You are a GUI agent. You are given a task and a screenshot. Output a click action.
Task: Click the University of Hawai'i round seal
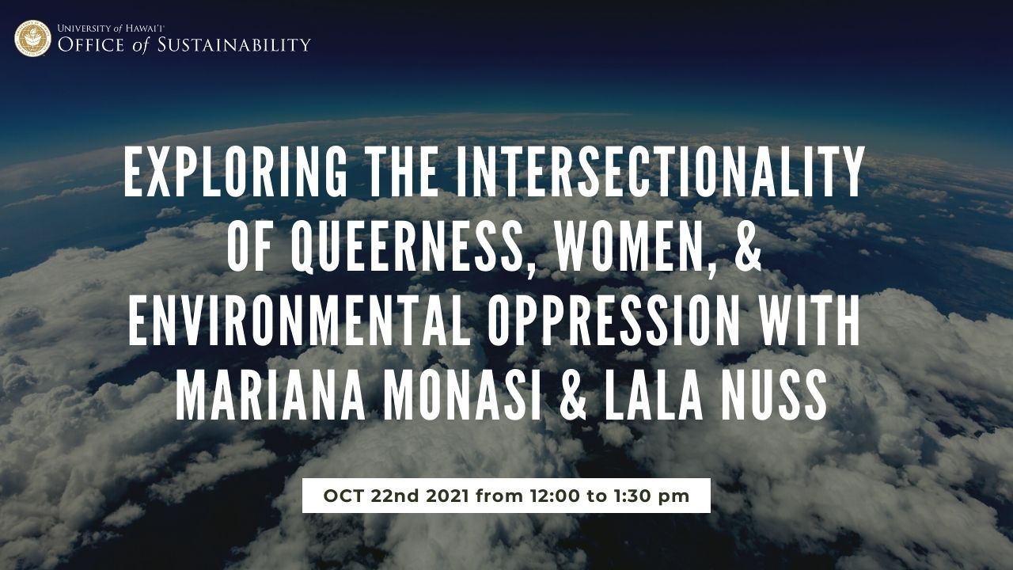(x=32, y=39)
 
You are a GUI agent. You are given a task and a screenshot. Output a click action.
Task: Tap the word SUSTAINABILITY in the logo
(x=233, y=45)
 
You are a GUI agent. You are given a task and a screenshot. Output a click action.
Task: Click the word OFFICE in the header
(x=91, y=45)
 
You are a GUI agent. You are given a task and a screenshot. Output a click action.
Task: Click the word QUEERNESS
(x=408, y=247)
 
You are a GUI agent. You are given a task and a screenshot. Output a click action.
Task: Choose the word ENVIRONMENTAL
(x=297, y=322)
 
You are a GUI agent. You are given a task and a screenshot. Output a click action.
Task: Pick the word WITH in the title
(x=810, y=322)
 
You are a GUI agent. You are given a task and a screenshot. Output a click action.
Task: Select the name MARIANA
(x=270, y=397)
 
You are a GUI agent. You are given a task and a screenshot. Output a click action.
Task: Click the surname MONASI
(x=463, y=397)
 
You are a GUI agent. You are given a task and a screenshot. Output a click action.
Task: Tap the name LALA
(x=654, y=397)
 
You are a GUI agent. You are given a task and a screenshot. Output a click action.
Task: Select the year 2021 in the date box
(x=447, y=496)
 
